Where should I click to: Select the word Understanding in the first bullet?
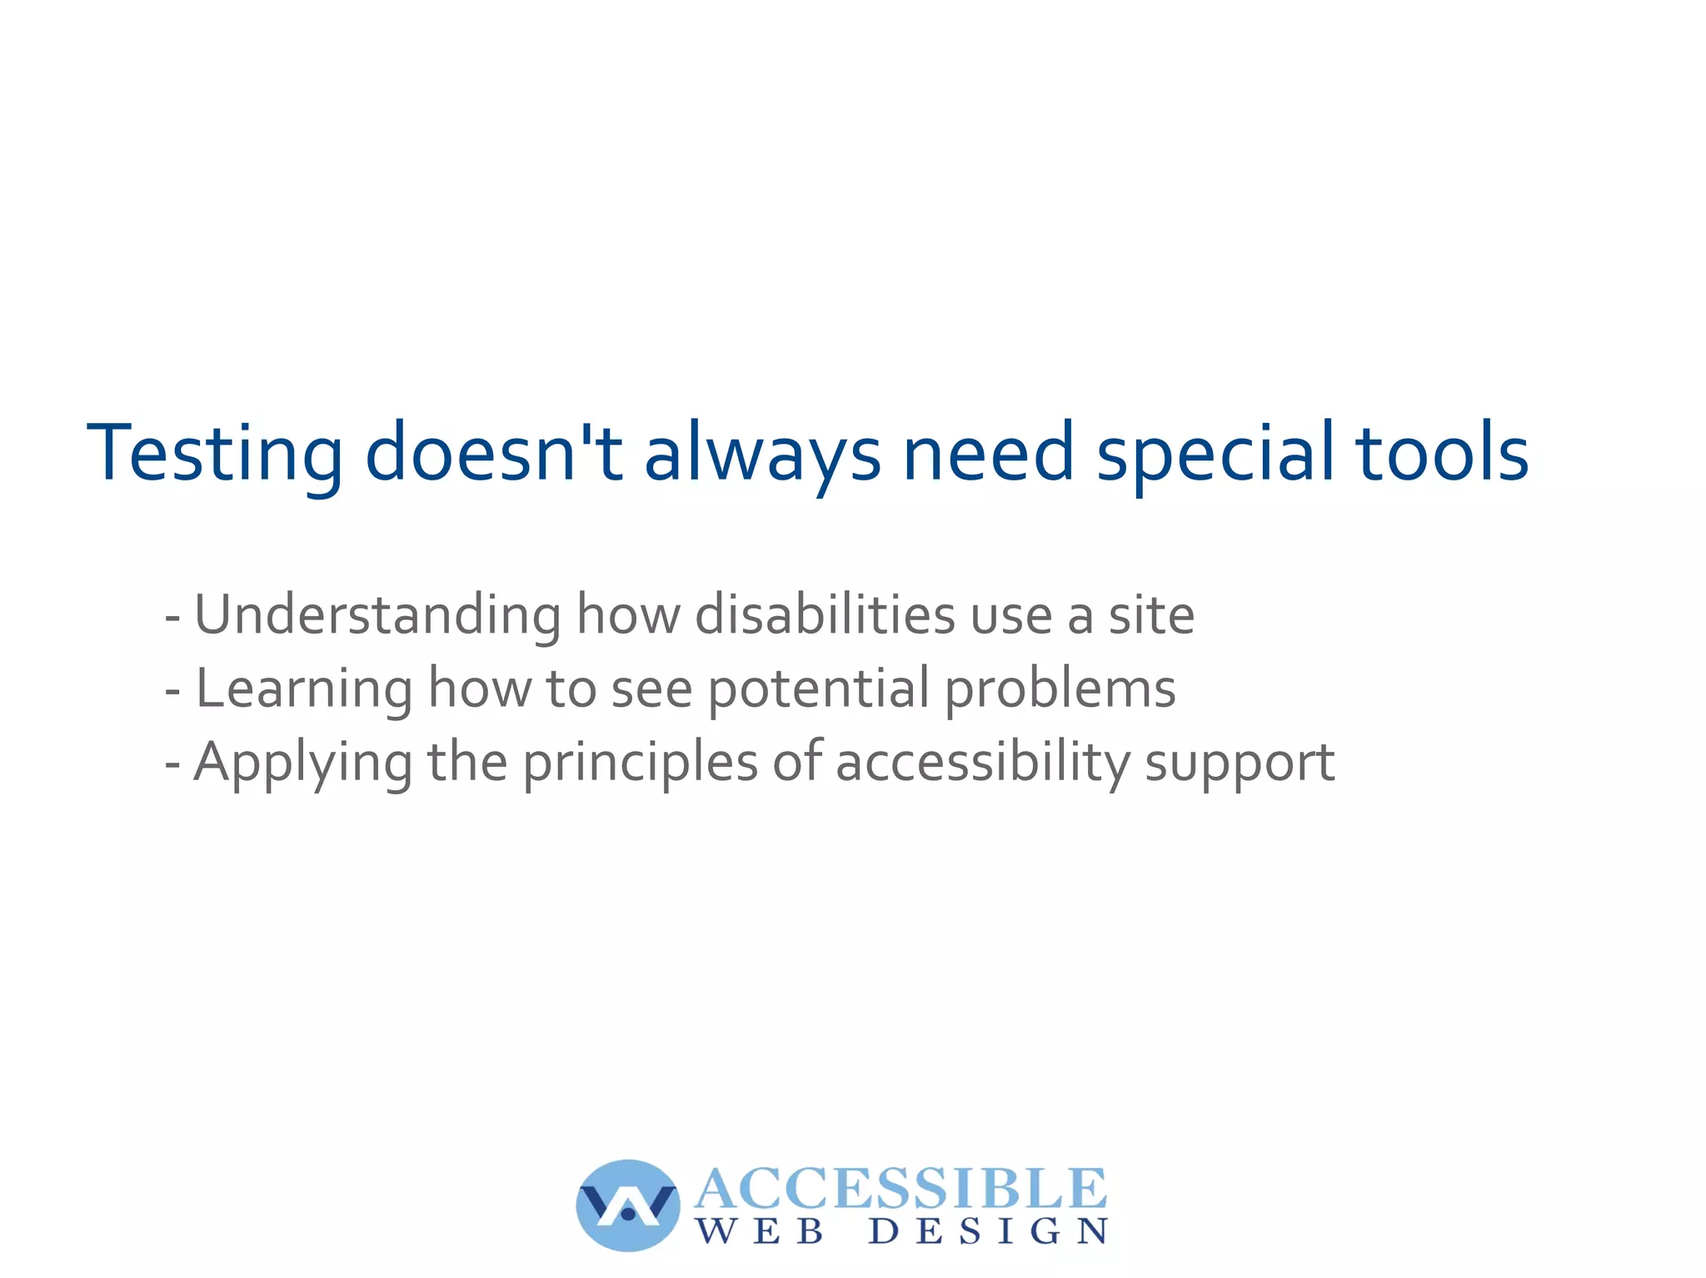coord(377,614)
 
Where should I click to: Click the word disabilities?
coord(825,614)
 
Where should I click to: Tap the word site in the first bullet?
coord(1151,614)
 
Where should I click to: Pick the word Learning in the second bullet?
coord(303,689)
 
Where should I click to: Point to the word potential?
coord(818,689)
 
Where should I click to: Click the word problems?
coord(1060,689)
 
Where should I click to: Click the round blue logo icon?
coord(628,1205)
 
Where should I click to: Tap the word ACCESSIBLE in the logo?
coord(900,1188)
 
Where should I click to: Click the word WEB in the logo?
coord(761,1231)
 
